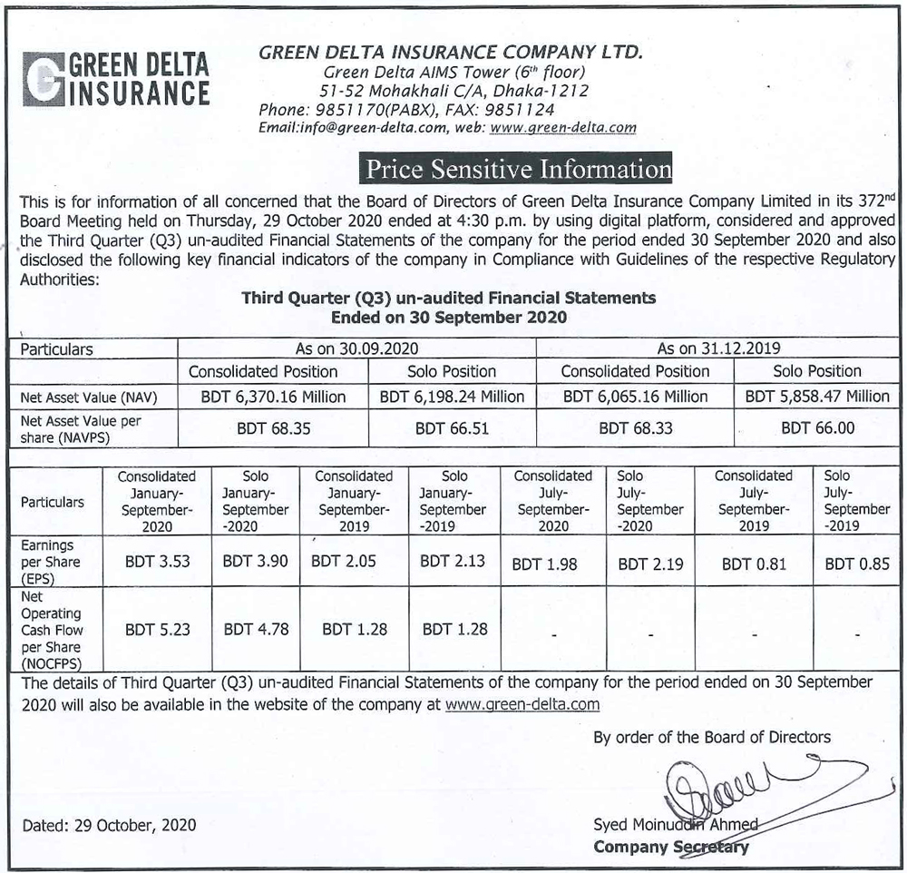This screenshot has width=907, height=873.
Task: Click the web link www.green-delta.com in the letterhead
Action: click(x=562, y=128)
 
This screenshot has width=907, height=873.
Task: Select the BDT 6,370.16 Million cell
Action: click(x=273, y=397)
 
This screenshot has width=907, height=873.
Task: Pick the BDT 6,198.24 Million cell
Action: click(x=452, y=397)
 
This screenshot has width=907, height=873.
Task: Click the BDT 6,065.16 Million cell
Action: click(x=635, y=397)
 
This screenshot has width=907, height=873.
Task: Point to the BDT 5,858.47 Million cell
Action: click(x=817, y=397)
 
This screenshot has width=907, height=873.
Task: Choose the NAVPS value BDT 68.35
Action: click(x=273, y=428)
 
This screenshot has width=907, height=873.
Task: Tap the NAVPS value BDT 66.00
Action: click(x=817, y=428)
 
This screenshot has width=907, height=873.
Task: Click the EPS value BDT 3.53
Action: click(x=157, y=562)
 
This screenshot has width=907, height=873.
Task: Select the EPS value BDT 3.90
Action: click(x=255, y=562)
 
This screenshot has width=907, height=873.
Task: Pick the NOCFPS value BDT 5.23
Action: click(x=157, y=628)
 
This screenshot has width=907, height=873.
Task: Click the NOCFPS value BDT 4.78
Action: click(x=255, y=628)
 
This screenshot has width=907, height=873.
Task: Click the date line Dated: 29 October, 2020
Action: click(x=109, y=826)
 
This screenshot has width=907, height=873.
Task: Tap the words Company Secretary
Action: click(x=671, y=848)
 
